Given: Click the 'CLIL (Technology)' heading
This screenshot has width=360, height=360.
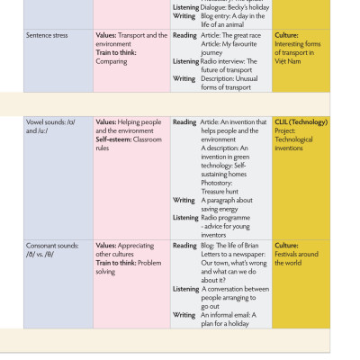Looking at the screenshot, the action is [301, 121].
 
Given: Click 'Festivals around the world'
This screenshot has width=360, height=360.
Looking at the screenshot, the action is [296, 258].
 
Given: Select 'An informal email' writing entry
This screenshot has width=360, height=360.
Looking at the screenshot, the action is [229, 314].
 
